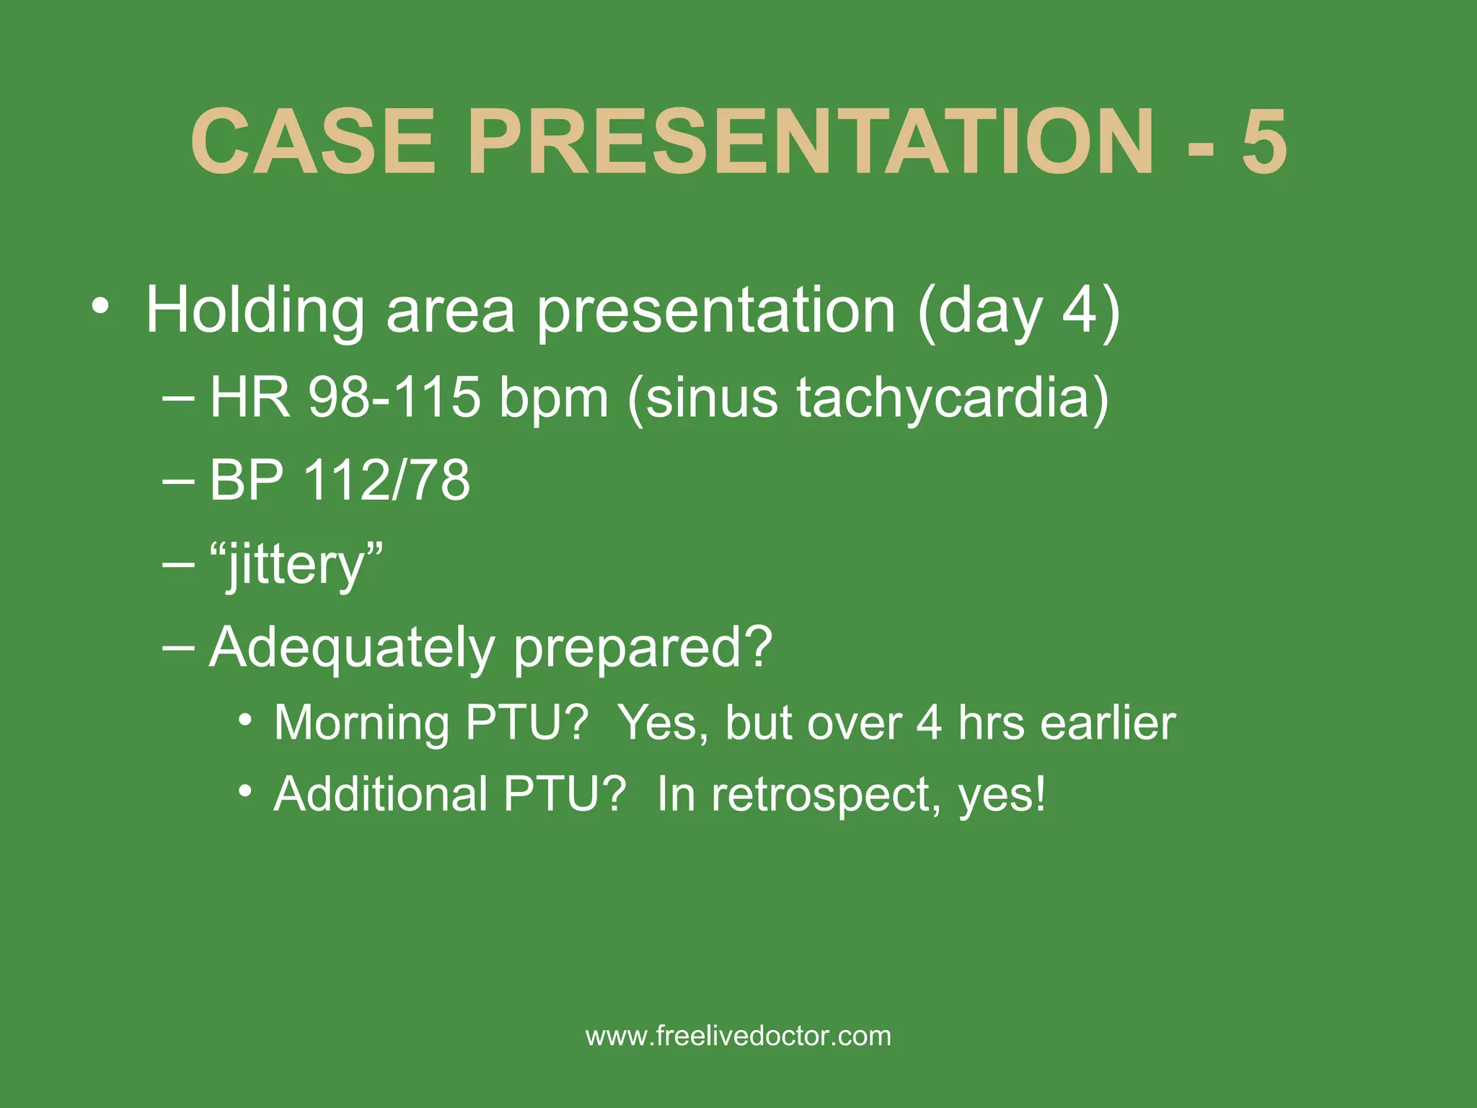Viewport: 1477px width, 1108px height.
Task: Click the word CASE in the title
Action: click(x=314, y=141)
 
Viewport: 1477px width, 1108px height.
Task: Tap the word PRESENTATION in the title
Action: click(x=811, y=141)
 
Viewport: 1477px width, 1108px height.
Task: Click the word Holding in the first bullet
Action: click(x=255, y=310)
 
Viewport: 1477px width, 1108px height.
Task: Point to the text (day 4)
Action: click(x=1018, y=310)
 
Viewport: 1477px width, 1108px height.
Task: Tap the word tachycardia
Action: click(x=951, y=398)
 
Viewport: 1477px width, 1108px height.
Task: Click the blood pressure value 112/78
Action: click(x=387, y=480)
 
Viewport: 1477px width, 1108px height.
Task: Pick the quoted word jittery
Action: click(x=296, y=564)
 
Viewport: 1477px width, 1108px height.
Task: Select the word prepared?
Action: click(x=643, y=647)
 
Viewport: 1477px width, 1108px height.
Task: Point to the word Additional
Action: click(x=381, y=793)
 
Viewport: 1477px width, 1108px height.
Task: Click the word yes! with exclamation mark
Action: click(x=1002, y=795)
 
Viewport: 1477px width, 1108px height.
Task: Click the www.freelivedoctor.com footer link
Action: click(x=738, y=1036)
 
